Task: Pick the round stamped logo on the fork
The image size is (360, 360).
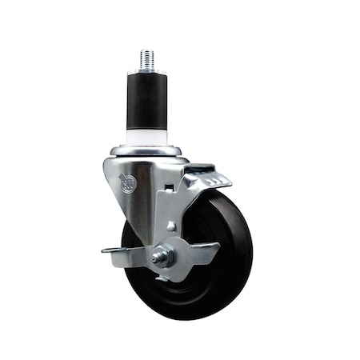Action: click(x=127, y=183)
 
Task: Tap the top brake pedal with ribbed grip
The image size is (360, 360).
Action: click(x=209, y=178)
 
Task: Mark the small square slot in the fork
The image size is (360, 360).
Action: click(x=170, y=187)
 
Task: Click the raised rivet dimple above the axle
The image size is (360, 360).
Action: click(x=171, y=226)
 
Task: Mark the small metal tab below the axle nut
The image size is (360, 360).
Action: click(x=163, y=277)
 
